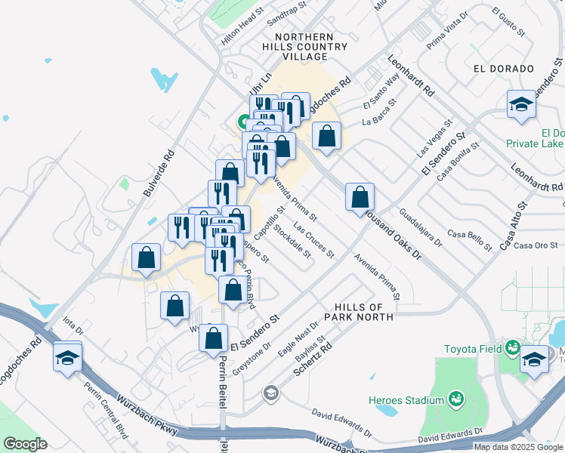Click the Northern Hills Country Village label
point(311,47)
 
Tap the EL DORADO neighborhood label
point(504,69)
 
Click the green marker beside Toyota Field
point(513,348)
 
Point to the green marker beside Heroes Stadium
point(456,398)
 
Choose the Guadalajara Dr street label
point(421,227)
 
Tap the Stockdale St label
point(292,240)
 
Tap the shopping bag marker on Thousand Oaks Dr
point(360,198)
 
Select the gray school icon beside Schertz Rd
point(270,393)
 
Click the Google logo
point(25,444)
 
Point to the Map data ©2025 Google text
point(517,447)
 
